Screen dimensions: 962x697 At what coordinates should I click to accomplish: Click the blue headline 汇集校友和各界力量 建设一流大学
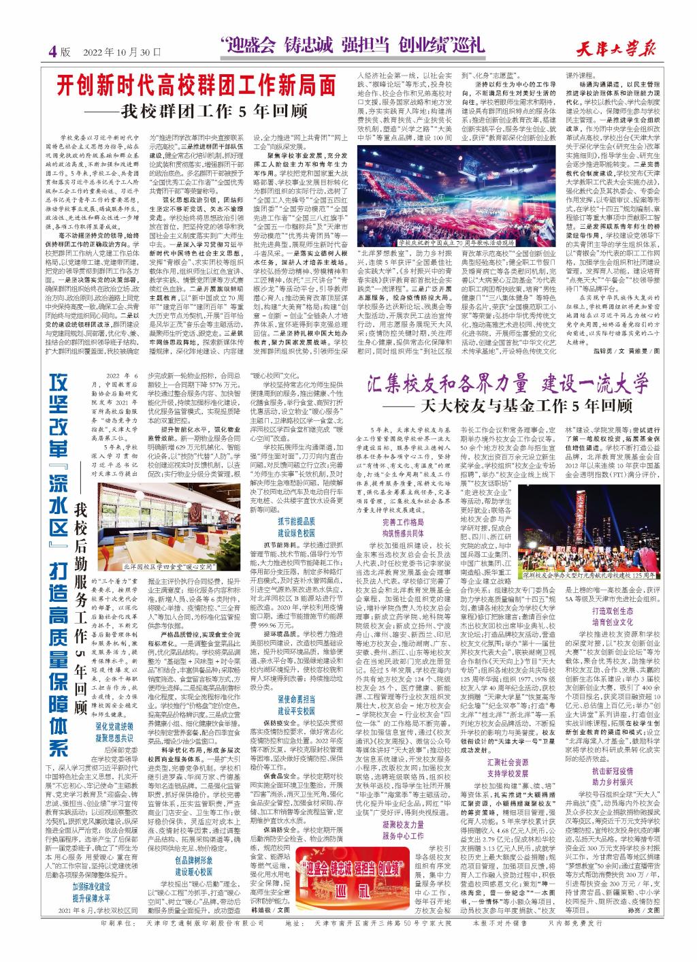click(x=510, y=383)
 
